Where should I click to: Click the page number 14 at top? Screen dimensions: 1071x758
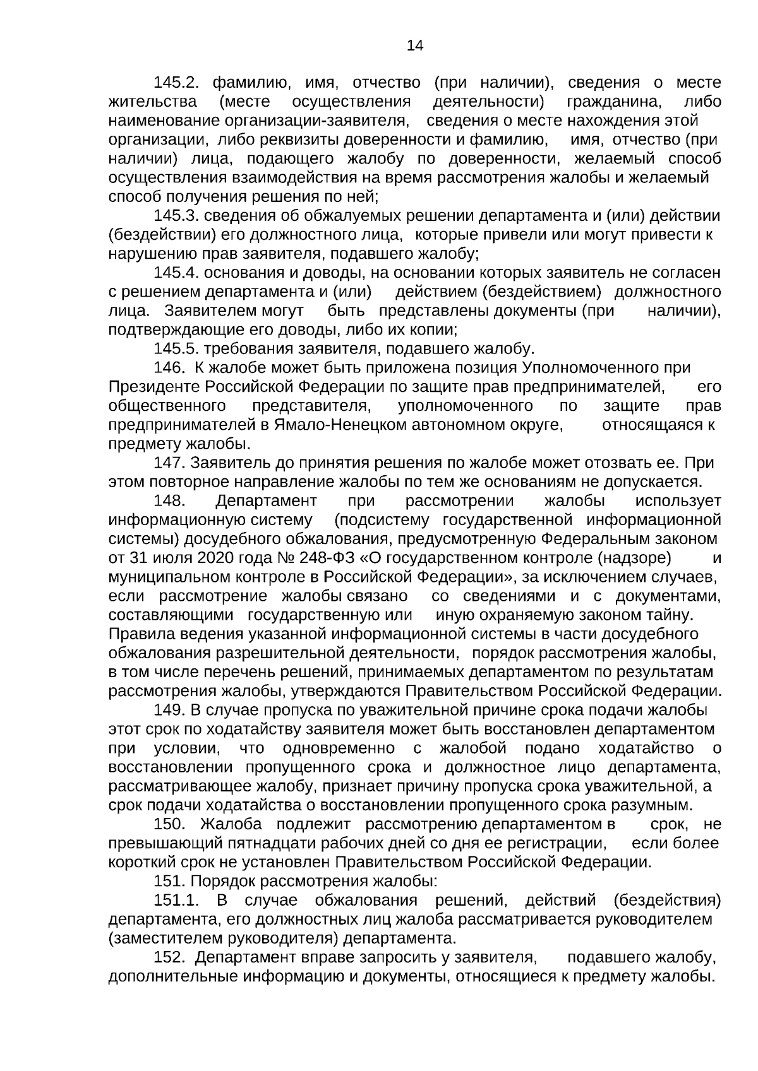pyautogui.click(x=415, y=45)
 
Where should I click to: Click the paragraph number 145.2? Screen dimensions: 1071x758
pyautogui.click(x=177, y=83)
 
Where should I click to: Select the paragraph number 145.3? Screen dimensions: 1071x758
pyautogui.click(x=177, y=216)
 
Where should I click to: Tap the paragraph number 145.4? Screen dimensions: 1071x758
pyautogui.click(x=177, y=273)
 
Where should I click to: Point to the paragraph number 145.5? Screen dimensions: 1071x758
pyautogui.click(x=177, y=349)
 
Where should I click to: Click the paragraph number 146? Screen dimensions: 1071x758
pyautogui.click(x=169, y=368)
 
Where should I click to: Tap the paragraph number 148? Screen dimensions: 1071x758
pyautogui.click(x=169, y=501)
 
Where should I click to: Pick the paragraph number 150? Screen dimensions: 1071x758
pyautogui.click(x=169, y=824)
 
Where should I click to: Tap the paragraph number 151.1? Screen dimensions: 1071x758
pyautogui.click(x=177, y=900)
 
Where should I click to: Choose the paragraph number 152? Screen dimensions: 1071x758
pyautogui.click(x=169, y=957)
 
